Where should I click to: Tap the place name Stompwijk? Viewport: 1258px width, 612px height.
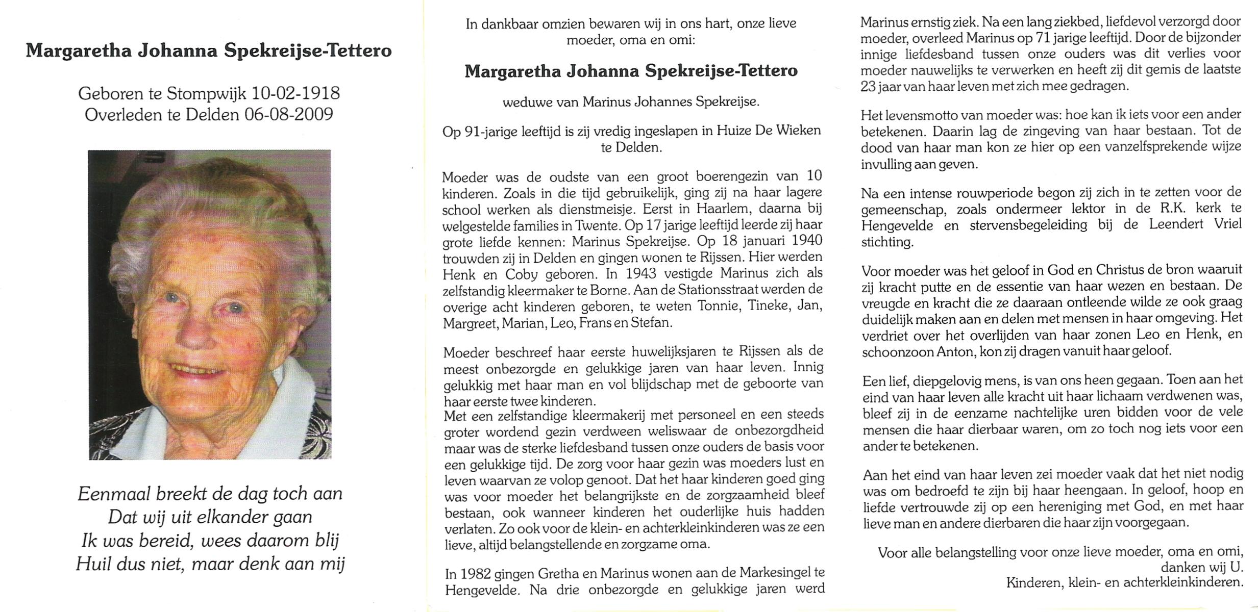tap(209, 93)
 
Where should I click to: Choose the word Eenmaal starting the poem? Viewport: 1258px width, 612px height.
tap(114, 494)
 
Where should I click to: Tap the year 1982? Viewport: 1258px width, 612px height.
tap(477, 573)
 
